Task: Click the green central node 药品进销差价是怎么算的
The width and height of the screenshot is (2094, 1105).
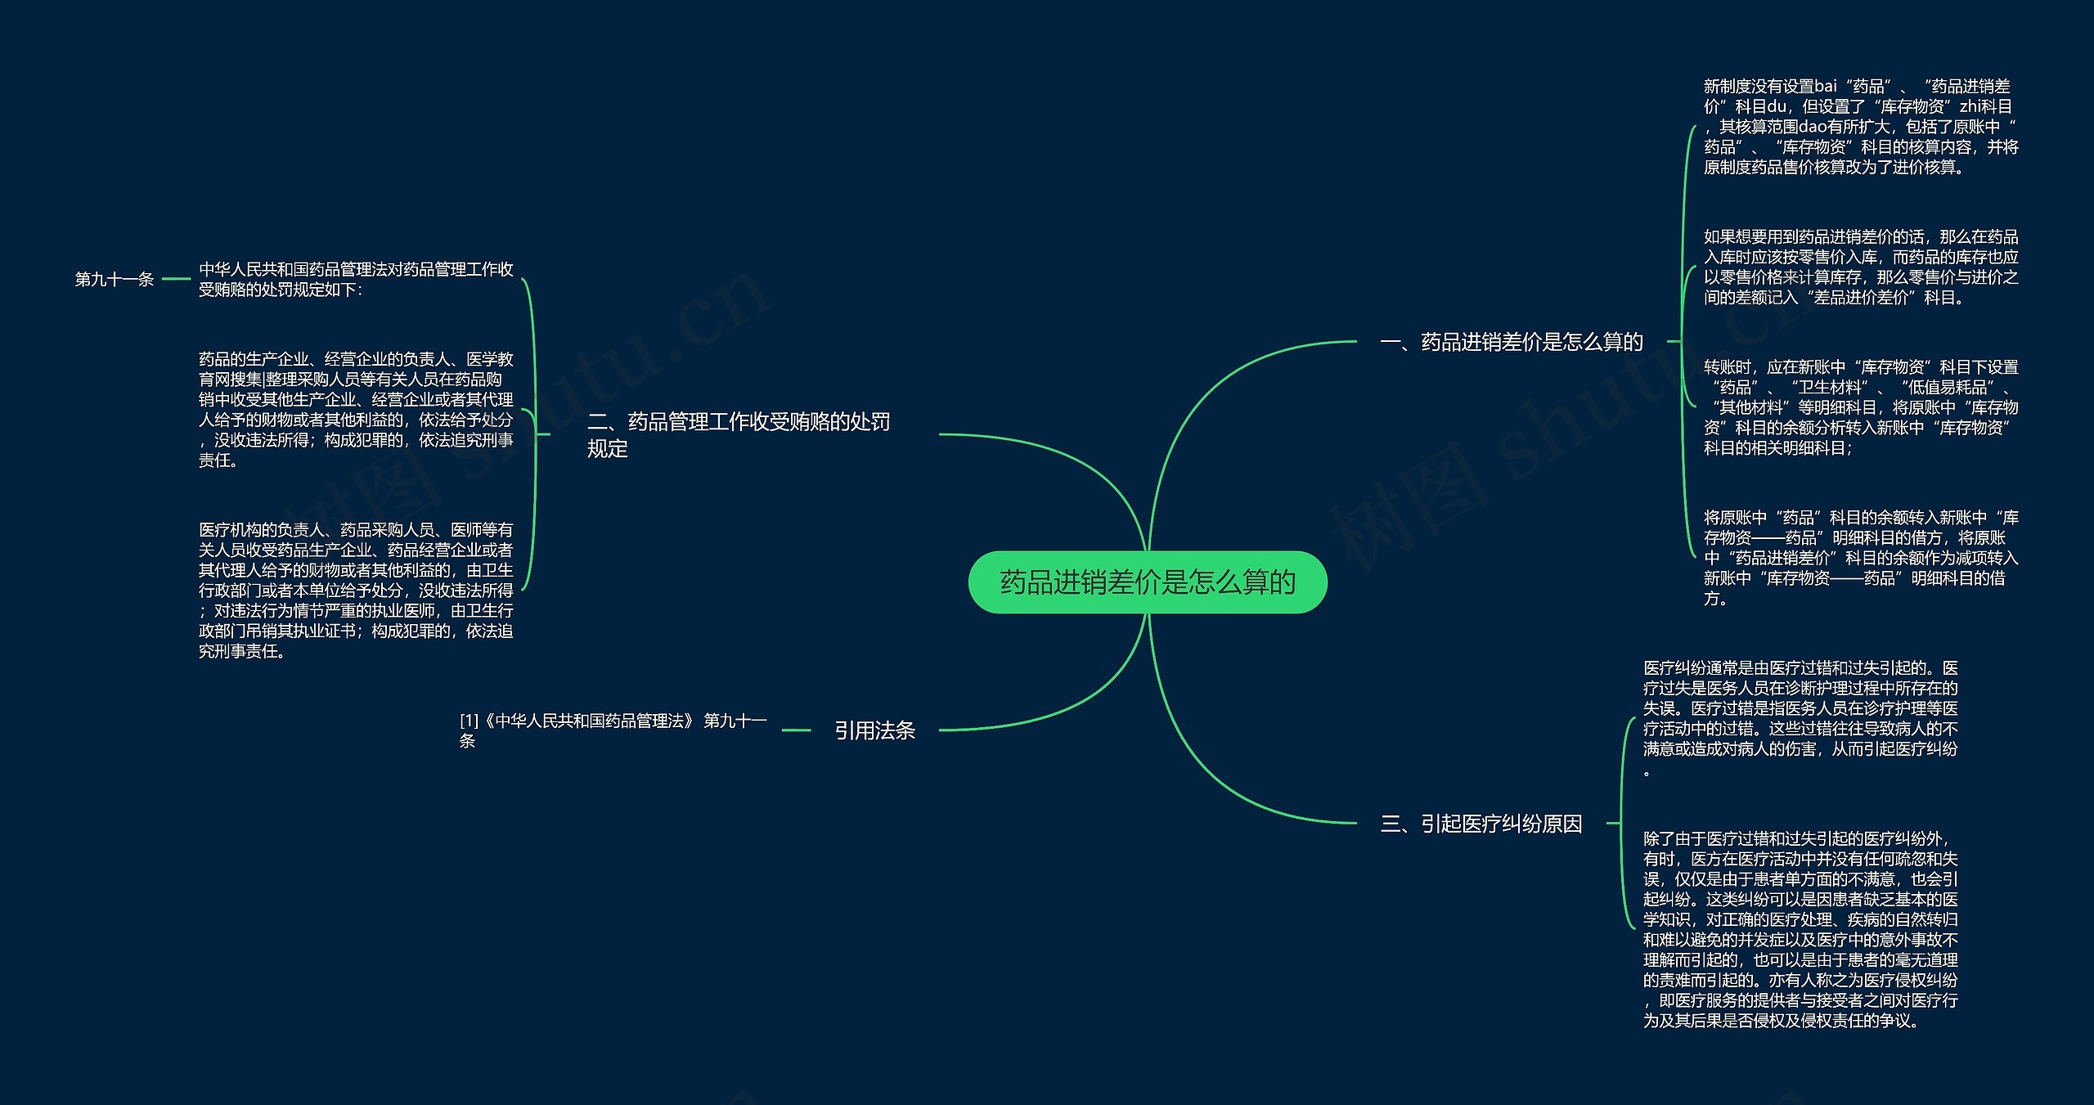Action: point(1147,582)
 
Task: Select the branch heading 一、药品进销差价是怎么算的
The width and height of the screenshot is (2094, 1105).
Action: point(1511,342)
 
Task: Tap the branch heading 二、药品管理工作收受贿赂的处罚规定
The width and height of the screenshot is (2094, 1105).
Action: point(738,434)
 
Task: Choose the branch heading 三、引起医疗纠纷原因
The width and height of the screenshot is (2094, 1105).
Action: point(1481,824)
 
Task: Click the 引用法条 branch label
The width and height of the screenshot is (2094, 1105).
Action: point(874,730)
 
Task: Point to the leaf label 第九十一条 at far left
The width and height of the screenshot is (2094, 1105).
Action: point(115,280)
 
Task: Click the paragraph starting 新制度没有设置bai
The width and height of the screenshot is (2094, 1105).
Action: point(1860,127)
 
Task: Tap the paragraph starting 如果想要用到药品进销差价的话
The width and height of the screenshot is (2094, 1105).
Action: point(1860,267)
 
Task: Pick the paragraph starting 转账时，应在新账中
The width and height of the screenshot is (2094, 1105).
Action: point(1860,407)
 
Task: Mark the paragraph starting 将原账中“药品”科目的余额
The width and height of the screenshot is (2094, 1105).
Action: point(1860,558)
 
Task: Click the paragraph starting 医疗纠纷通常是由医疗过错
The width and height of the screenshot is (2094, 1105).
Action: point(1800,719)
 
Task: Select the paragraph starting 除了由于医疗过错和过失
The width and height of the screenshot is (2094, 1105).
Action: point(1800,929)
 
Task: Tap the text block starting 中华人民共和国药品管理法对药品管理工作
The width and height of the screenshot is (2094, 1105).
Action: point(356,280)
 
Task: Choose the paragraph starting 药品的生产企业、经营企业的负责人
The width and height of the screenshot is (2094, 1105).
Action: point(356,410)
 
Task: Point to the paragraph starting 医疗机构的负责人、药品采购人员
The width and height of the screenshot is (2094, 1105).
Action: point(356,590)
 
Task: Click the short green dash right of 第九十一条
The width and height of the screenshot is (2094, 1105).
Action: point(176,280)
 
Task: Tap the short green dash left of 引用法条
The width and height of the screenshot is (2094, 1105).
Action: point(796,730)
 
